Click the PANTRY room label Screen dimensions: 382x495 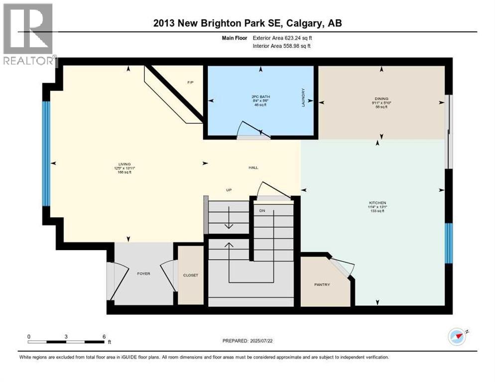[322, 285]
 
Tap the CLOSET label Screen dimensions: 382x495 [191, 275]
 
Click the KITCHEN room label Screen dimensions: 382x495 [376, 203]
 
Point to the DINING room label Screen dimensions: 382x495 [382, 98]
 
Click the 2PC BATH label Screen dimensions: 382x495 [259, 95]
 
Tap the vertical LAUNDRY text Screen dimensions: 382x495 [303, 98]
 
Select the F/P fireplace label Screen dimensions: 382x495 [190, 82]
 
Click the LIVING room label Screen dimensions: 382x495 [124, 164]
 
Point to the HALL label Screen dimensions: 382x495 [253, 168]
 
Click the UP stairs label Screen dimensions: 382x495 [229, 190]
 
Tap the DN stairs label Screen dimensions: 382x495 [262, 210]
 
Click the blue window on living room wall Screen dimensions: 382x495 [46, 153]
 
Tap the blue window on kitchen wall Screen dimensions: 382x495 [448, 243]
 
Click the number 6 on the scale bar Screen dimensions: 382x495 [104, 336]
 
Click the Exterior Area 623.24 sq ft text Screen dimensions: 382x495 [282, 37]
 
